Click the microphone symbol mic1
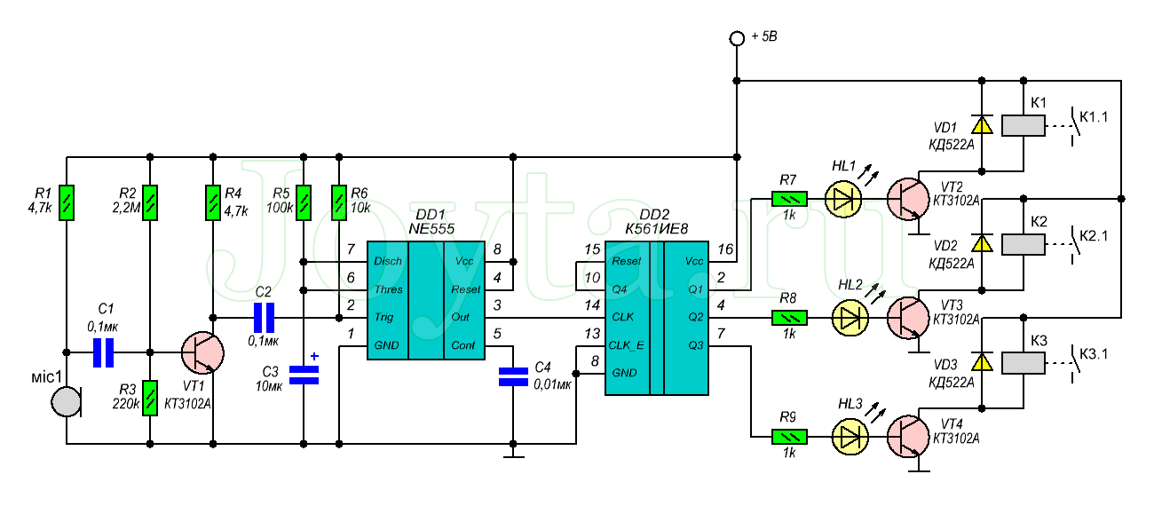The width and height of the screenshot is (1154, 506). [x=65, y=402]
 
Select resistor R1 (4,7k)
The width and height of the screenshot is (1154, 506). [x=67, y=202]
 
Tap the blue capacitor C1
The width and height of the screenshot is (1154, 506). [x=105, y=352]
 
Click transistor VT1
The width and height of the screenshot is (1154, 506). [x=202, y=352]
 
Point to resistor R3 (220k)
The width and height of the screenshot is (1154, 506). [x=149, y=397]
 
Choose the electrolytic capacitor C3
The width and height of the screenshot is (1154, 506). [x=304, y=375]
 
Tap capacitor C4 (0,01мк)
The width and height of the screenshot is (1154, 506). [x=512, y=376]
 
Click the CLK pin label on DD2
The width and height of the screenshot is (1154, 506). [x=624, y=317]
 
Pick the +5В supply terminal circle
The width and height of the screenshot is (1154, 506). [x=736, y=38]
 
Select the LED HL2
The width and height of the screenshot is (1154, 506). [x=848, y=317]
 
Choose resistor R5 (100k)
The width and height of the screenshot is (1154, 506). [x=304, y=202]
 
